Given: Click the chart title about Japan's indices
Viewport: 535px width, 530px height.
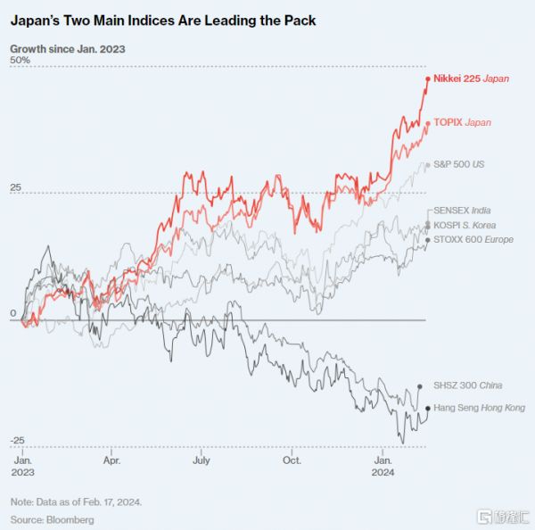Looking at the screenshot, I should point(162,19).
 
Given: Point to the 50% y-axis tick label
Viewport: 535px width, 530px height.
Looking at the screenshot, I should point(20,60).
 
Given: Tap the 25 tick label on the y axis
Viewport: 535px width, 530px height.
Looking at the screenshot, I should point(16,186).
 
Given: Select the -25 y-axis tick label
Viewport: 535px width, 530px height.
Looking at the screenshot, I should point(18,442).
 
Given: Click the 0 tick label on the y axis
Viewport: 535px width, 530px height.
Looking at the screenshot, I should point(13,314).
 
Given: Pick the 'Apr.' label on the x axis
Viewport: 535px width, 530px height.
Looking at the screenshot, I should point(111,461).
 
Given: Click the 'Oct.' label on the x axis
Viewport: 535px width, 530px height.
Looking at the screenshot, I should point(292,461).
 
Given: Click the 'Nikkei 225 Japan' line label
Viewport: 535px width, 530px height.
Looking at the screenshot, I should point(472,79).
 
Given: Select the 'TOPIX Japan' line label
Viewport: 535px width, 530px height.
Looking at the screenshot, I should point(462,122).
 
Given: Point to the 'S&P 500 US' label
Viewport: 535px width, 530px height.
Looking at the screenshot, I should point(458,165).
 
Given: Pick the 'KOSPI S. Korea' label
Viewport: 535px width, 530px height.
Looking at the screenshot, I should point(465,225).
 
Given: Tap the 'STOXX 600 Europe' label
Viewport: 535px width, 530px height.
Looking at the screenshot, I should point(473,239).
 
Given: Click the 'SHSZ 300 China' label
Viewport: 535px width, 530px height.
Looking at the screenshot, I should point(468,385).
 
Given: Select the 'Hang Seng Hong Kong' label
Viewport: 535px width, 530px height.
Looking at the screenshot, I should point(479,407).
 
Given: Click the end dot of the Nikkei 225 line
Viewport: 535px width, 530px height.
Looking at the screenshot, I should point(428,79).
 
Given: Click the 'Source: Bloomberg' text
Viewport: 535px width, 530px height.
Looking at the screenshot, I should point(52,518).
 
